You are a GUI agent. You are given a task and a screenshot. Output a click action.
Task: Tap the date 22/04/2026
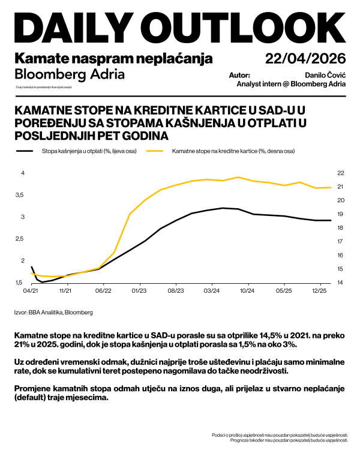pos(306,59)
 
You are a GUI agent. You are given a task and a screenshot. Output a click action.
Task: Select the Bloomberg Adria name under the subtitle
pos(70,74)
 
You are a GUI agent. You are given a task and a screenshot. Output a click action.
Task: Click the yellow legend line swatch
pos(157,152)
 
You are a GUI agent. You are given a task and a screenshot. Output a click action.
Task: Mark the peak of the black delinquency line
pos(223,208)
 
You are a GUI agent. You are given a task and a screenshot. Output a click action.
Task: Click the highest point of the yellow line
pos(238,177)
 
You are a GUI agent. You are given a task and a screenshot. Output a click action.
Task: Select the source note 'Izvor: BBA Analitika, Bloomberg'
pos(53,313)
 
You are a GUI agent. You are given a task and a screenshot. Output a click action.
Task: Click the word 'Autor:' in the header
pos(239,76)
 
